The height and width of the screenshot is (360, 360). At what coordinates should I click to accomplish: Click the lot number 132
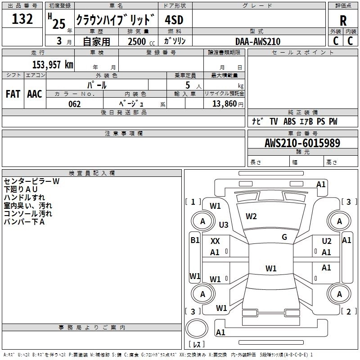[22, 19]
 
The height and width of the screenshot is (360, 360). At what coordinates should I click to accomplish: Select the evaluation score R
[343, 20]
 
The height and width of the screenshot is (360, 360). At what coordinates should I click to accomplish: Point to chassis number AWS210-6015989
[302, 143]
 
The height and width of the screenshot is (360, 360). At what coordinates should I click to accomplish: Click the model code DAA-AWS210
[258, 41]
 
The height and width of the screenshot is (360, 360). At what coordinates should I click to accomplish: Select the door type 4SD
[175, 20]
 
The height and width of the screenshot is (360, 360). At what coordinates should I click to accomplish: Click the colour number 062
[75, 104]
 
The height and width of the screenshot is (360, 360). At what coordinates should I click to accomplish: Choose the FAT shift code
[13, 94]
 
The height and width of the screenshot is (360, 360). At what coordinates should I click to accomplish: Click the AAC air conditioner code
[34, 94]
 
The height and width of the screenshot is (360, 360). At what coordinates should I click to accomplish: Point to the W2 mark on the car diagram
[251, 216]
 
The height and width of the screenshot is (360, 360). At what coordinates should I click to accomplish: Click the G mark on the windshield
[284, 237]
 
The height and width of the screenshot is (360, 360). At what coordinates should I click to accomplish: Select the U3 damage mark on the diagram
[224, 225]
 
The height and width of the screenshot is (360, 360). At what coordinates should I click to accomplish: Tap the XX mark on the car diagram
[215, 241]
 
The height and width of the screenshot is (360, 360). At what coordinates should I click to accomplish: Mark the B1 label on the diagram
[194, 240]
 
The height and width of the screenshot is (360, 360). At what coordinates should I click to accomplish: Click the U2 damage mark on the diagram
[326, 241]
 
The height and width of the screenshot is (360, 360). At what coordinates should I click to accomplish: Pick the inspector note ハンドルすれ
[24, 198]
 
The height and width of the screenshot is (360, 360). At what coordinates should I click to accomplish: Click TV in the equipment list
[274, 121]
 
